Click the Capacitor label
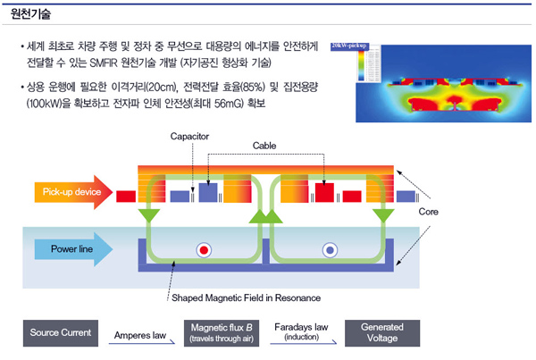click(x=189, y=136)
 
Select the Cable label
click(x=264, y=145)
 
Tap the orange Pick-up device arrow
click(x=72, y=192)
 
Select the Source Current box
click(x=61, y=333)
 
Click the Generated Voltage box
click(x=381, y=333)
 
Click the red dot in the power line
click(x=205, y=250)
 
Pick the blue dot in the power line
click(x=331, y=250)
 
